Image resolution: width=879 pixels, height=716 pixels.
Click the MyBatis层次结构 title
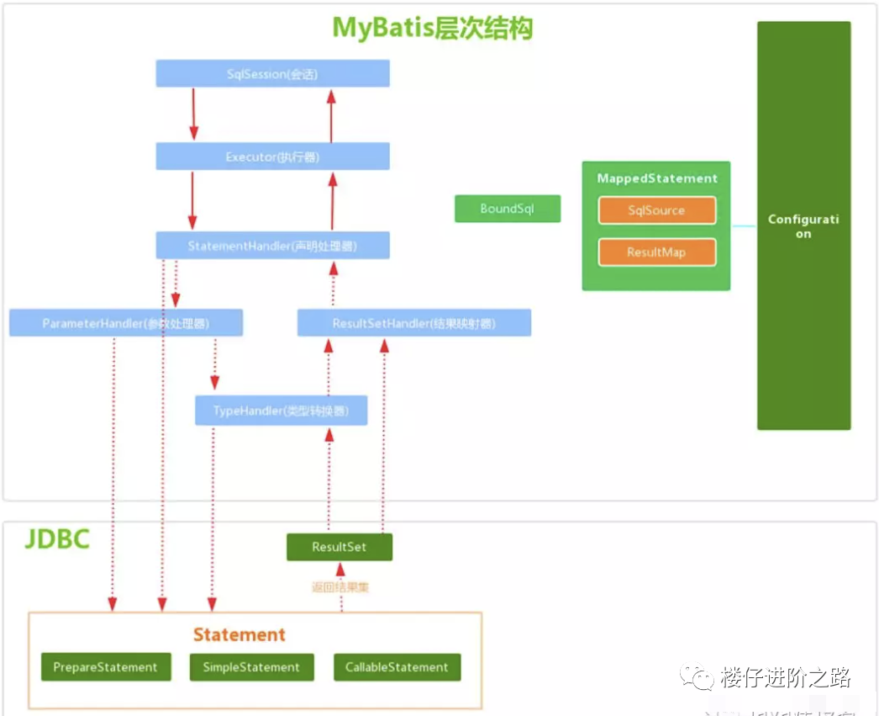pos(433,28)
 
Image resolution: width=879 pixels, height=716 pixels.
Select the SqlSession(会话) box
pos(272,74)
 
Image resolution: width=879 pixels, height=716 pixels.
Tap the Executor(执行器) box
pos(272,156)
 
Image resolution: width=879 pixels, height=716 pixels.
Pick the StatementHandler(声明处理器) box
pos(272,246)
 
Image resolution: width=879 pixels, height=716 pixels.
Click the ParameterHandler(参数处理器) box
pos(126,323)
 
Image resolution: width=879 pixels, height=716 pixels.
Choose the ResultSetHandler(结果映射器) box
pos(413,323)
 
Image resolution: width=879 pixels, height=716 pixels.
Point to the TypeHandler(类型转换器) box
pos(281,411)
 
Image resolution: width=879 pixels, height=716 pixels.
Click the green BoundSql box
pos(507,209)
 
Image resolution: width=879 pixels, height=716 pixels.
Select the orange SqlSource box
pos(656,210)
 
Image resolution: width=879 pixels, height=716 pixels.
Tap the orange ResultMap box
pos(656,252)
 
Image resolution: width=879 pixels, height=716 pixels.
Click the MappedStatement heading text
pos(656,178)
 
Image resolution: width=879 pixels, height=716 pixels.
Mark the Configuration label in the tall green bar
pos(803,226)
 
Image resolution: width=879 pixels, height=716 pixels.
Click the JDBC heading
pos(56,538)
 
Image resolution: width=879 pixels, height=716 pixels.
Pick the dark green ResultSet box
pos(339,547)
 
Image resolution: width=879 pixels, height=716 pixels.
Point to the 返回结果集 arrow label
pos(339,587)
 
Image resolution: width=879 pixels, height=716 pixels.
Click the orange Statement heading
pos(239,634)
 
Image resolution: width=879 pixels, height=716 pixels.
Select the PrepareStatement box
pos(105,667)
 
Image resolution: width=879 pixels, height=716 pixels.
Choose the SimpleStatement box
pos(250,667)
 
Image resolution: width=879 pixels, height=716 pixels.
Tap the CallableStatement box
pos(397,667)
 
